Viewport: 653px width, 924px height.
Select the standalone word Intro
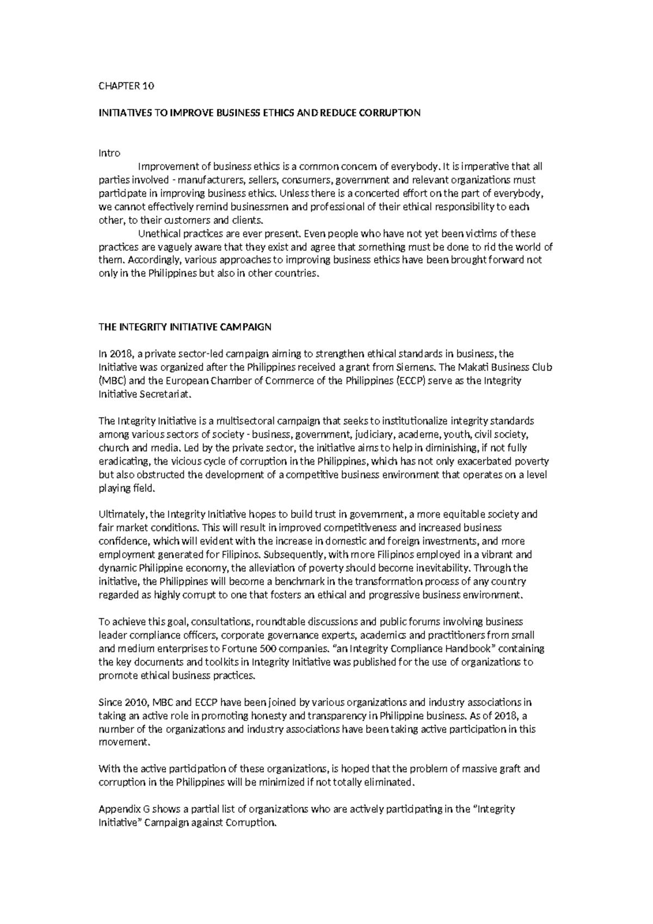[109, 153]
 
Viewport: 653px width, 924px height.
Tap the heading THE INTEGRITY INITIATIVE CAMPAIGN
[184, 327]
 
